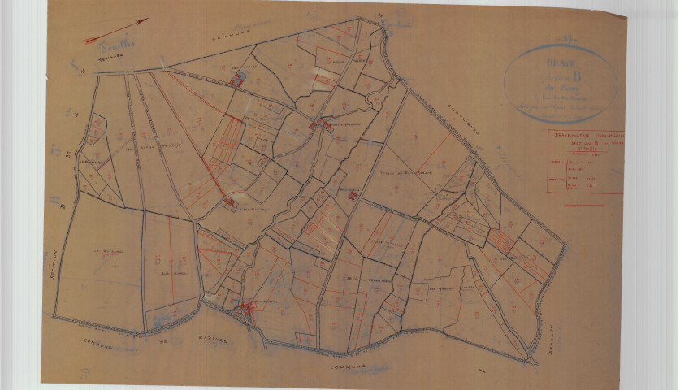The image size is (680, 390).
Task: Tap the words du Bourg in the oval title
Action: tap(561, 89)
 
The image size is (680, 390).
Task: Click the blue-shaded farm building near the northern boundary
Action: tap(237, 79)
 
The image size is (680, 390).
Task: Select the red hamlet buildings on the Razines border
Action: tap(245, 308)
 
